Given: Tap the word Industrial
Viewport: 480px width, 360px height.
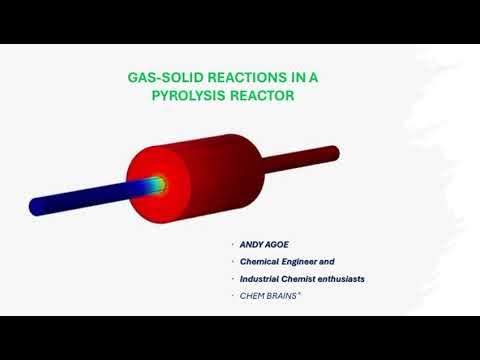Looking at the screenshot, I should (x=262, y=278).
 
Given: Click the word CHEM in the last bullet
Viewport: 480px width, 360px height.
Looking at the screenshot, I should (x=251, y=295).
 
